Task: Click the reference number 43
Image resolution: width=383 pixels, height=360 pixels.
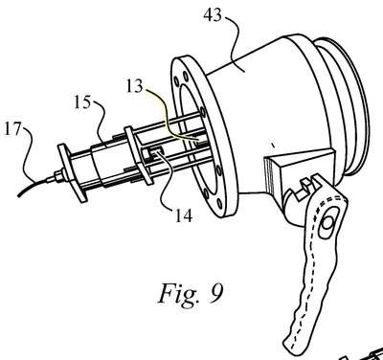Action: pyautogui.click(x=213, y=14)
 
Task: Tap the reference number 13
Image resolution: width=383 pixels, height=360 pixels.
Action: pyautogui.click(x=134, y=85)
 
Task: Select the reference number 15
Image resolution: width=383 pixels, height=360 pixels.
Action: pyautogui.click(x=82, y=102)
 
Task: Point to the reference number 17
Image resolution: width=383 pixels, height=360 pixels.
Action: pyautogui.click(x=11, y=129)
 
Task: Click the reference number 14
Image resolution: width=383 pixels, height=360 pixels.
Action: pyautogui.click(x=184, y=215)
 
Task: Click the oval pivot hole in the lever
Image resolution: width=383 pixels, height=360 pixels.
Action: pyautogui.click(x=327, y=222)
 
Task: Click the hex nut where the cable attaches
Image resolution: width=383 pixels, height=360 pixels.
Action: pyautogui.click(x=59, y=176)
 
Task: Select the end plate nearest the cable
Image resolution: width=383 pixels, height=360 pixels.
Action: pyautogui.click(x=72, y=172)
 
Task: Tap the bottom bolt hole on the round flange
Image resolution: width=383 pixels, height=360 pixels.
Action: pyautogui.click(x=219, y=203)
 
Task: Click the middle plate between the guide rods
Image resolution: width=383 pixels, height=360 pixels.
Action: pyautogui.click(x=138, y=155)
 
